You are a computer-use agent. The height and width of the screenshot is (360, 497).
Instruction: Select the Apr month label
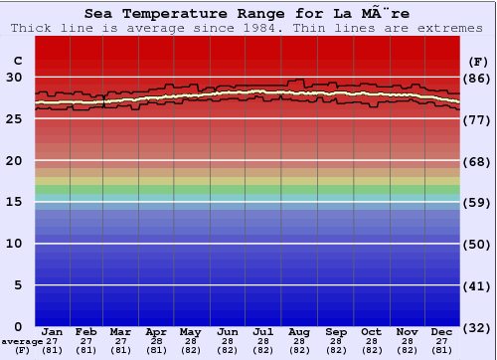pyautogui.click(x=156, y=331)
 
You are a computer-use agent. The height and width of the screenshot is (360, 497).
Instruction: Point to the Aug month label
pyautogui.click(x=299, y=331)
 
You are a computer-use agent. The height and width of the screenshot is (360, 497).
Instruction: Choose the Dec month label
pyautogui.click(x=442, y=331)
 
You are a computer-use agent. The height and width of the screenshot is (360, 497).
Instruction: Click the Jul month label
pyautogui.click(x=263, y=331)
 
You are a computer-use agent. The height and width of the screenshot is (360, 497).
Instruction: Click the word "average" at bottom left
pyautogui.click(x=22, y=341)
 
